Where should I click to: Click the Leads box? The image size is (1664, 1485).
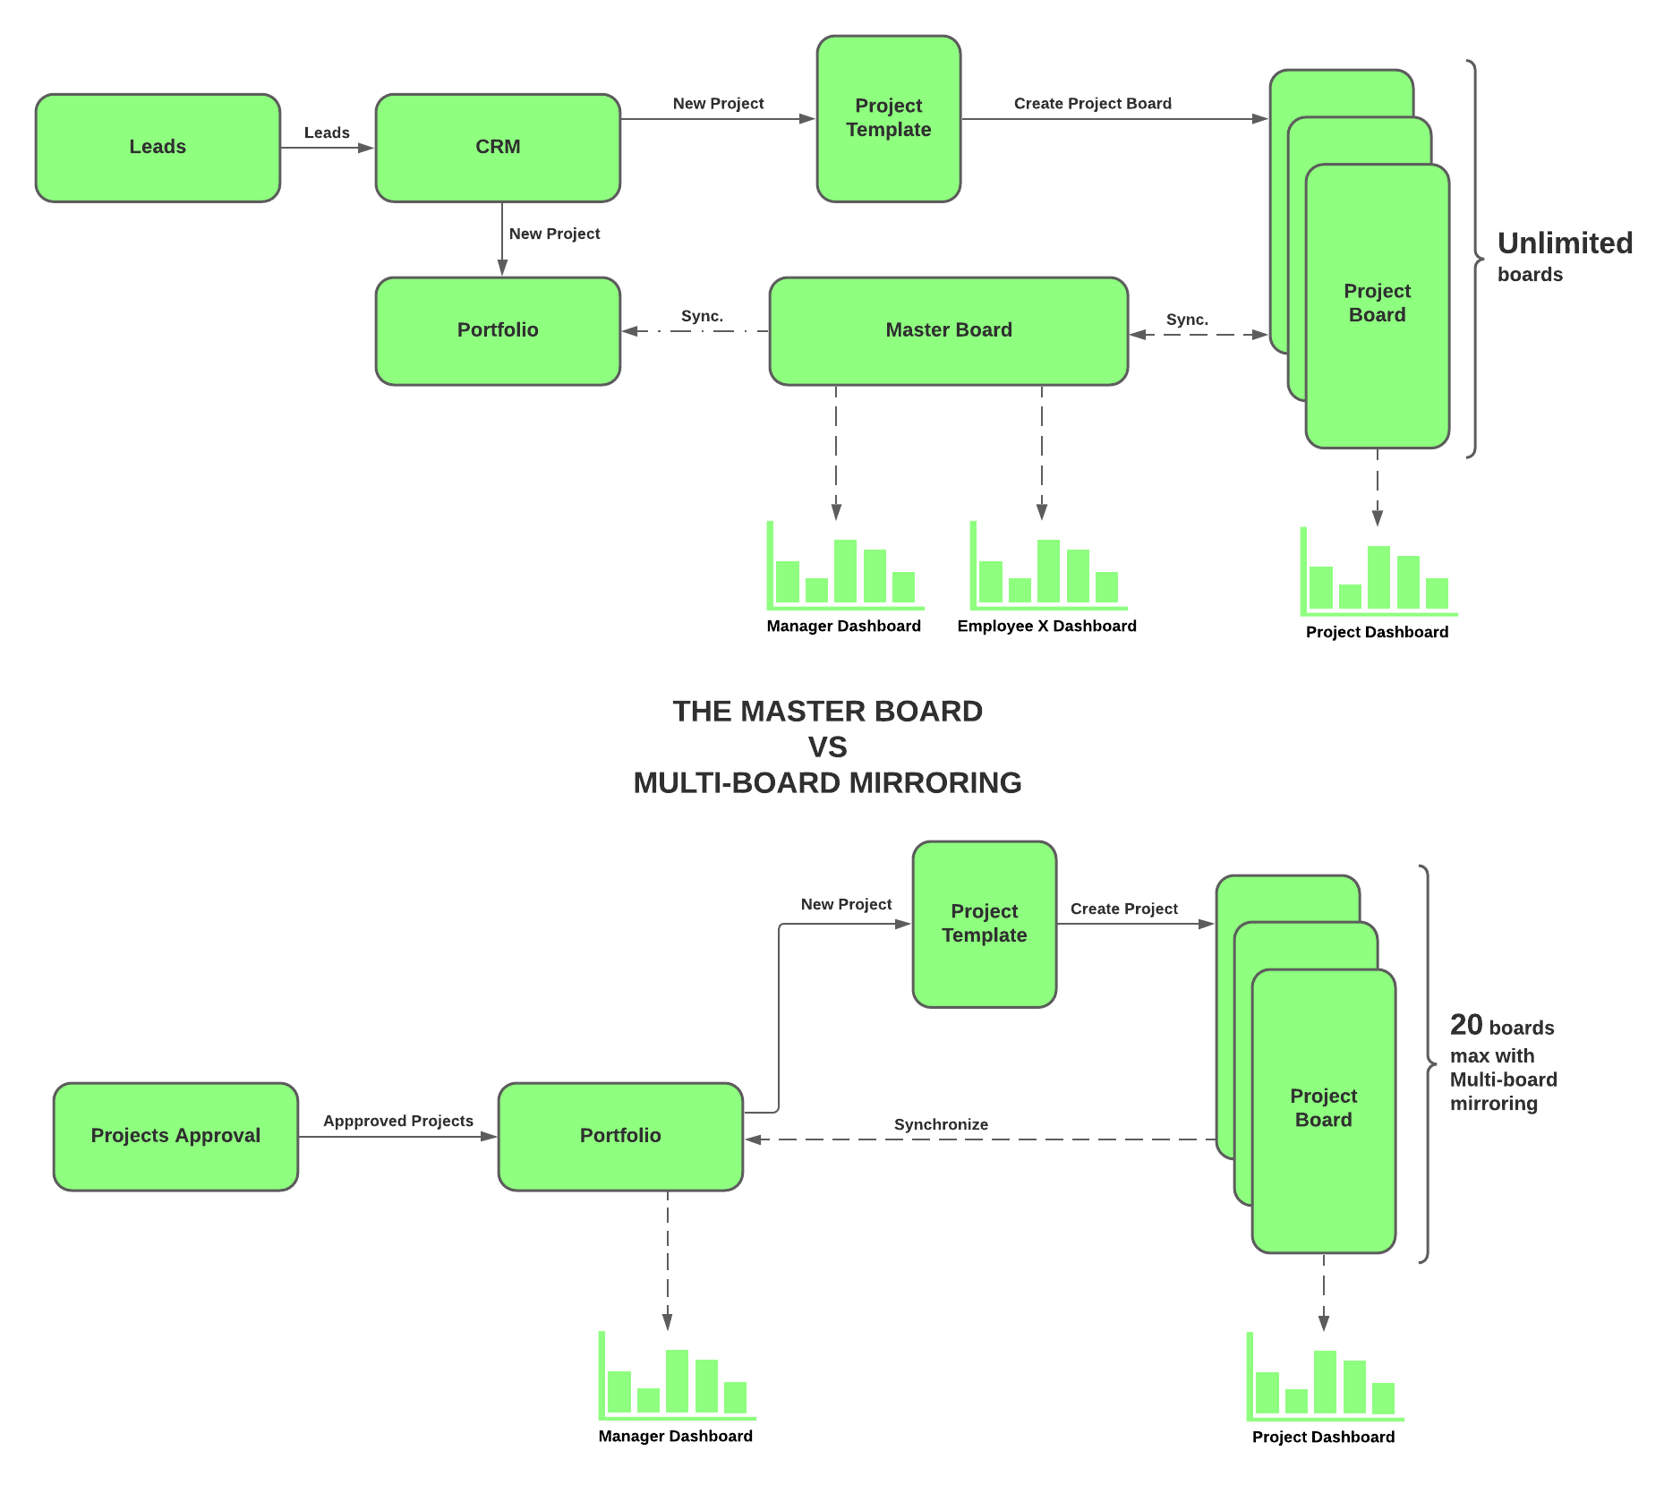coord(158,148)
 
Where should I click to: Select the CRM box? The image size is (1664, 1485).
coord(498,148)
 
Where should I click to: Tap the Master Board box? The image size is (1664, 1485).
coord(948,330)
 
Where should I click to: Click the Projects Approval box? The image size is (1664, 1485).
coord(175,1136)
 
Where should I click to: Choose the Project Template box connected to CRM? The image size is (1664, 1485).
coord(888,118)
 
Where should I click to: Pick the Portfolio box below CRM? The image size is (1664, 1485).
coord(498,330)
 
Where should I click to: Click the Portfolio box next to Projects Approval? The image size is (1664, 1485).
coord(620,1136)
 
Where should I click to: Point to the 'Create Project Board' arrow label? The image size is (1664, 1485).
coord(1092,104)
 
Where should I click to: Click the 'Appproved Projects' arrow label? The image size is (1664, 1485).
coord(398,1121)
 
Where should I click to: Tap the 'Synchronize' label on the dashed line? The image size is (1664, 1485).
coord(941,1124)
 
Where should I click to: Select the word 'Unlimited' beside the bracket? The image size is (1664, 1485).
coord(1565,243)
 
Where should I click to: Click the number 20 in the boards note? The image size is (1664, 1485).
coord(1466,1025)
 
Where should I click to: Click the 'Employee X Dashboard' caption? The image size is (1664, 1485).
coord(1046,626)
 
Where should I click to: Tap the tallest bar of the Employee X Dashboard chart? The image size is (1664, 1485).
coord(1048,570)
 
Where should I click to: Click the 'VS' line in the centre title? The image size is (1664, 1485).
coord(827,747)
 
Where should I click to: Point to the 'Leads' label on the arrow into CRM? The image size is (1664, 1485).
coord(327,132)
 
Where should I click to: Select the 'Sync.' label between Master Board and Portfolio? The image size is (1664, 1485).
coord(702,316)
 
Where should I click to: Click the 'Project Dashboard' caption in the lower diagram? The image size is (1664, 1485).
coord(1323,1437)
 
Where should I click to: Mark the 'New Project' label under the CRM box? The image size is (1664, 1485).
coord(554,234)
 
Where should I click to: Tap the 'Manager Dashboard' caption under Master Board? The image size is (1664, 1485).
coord(843,626)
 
